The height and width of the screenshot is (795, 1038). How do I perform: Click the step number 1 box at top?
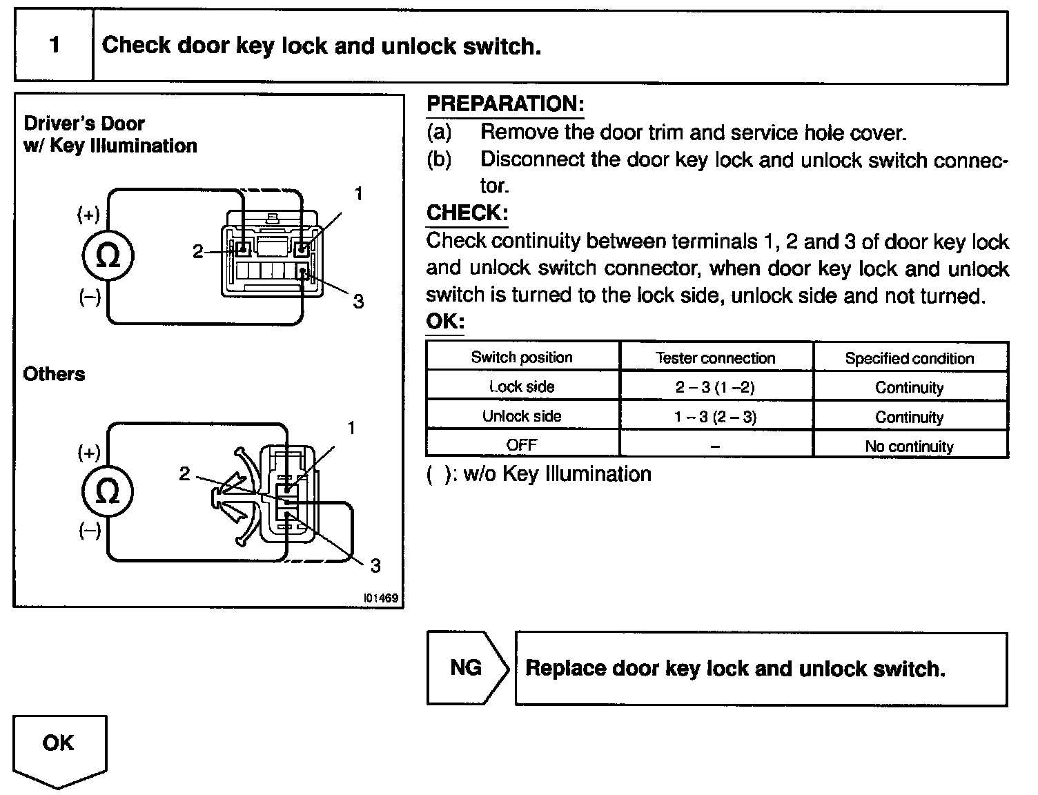click(x=54, y=46)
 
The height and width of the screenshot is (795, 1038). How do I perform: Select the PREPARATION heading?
click(x=505, y=104)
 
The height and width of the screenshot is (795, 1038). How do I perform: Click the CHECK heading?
click(x=467, y=213)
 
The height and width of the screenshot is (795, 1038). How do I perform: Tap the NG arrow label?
click(x=466, y=667)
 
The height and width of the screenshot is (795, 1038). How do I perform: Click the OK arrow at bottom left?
click(x=59, y=747)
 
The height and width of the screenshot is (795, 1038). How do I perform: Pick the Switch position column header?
click(x=522, y=357)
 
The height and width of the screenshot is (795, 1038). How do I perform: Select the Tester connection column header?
click(x=716, y=357)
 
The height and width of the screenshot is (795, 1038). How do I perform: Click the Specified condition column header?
click(x=910, y=358)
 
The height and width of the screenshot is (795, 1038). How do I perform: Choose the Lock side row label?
click(x=522, y=386)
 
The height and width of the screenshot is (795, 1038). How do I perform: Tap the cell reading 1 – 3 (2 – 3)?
click(x=716, y=416)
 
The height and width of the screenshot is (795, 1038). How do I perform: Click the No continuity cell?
click(x=910, y=446)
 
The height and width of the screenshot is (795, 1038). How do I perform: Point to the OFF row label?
click(x=522, y=445)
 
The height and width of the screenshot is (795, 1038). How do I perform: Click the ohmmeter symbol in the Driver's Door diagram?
click(x=108, y=255)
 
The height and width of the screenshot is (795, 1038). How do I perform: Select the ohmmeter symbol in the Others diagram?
click(x=108, y=491)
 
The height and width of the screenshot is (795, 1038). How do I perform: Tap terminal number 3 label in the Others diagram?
click(x=375, y=566)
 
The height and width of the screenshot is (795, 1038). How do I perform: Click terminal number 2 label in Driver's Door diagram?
click(x=198, y=251)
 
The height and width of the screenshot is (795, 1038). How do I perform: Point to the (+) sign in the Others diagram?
click(x=88, y=453)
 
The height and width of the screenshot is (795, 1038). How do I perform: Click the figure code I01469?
click(x=381, y=598)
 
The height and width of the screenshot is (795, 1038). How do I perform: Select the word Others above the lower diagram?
click(x=54, y=374)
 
